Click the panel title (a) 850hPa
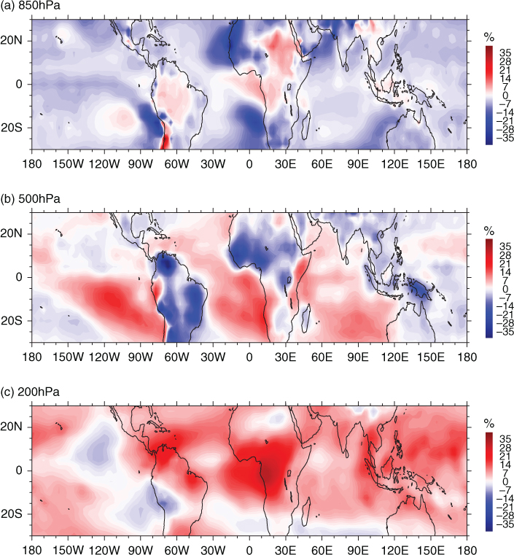click(31, 6)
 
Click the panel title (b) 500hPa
click(31, 199)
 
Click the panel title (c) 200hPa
click(30, 392)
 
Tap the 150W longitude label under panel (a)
click(69, 164)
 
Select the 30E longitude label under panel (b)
click(286, 357)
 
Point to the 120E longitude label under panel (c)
click(394, 550)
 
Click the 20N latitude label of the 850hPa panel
click(12, 40)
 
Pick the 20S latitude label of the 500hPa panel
click(12, 321)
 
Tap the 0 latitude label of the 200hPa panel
click(19, 470)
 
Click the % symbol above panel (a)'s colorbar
click(489, 36)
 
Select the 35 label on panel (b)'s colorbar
click(505, 246)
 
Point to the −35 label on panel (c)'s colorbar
click(505, 524)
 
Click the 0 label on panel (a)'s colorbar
click(505, 96)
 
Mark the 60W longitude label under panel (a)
click(177, 164)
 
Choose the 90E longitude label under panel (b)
click(358, 357)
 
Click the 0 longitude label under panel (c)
click(249, 550)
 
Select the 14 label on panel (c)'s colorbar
click(505, 465)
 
